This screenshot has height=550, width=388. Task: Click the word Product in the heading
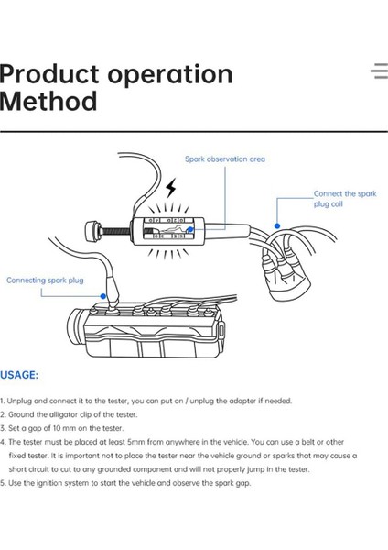(49, 73)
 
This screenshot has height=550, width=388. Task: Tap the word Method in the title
(48, 101)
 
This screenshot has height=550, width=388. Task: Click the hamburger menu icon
(380, 71)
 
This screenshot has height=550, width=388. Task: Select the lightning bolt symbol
(171, 188)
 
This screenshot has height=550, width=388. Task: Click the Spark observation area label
(225, 159)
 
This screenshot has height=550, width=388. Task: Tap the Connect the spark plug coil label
(345, 199)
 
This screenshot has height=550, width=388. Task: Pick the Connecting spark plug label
(45, 280)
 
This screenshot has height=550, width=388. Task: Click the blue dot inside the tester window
(189, 230)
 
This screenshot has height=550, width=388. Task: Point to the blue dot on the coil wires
(277, 225)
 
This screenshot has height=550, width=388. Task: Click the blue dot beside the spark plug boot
(103, 296)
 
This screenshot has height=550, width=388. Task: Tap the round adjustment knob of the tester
(92, 230)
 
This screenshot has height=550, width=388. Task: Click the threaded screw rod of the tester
(115, 231)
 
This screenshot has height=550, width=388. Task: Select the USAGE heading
(19, 375)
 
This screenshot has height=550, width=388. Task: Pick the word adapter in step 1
(242, 401)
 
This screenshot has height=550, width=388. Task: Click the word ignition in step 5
(48, 483)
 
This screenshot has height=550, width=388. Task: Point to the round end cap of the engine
(74, 327)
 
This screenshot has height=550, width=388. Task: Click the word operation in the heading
(170, 75)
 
